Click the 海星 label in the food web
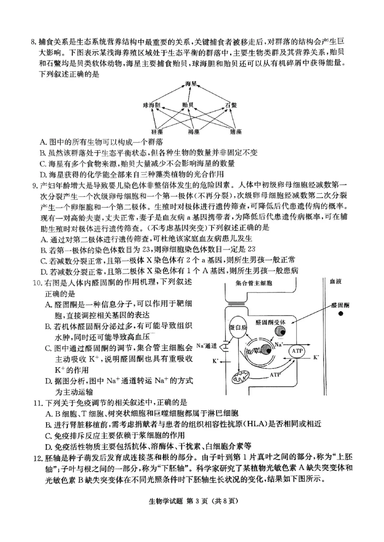(x=191, y=84)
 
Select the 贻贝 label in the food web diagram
(x=188, y=105)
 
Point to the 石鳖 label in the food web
(x=231, y=105)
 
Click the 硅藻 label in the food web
(x=157, y=130)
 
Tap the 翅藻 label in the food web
(x=236, y=130)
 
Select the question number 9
(x=34, y=186)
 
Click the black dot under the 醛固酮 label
(x=340, y=314)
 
